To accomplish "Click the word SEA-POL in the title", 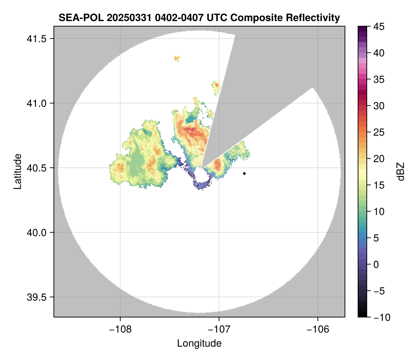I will coord(78,17).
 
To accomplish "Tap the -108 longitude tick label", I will coord(120,329).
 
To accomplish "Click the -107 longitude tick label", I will coord(219,329).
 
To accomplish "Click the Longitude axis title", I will coord(199,343).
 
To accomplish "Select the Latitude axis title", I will coord(17,171).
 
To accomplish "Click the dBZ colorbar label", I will coord(401,171).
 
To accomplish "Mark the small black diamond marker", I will coord(245,173).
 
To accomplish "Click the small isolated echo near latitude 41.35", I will coord(177,58).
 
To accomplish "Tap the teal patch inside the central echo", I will coord(190,119).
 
